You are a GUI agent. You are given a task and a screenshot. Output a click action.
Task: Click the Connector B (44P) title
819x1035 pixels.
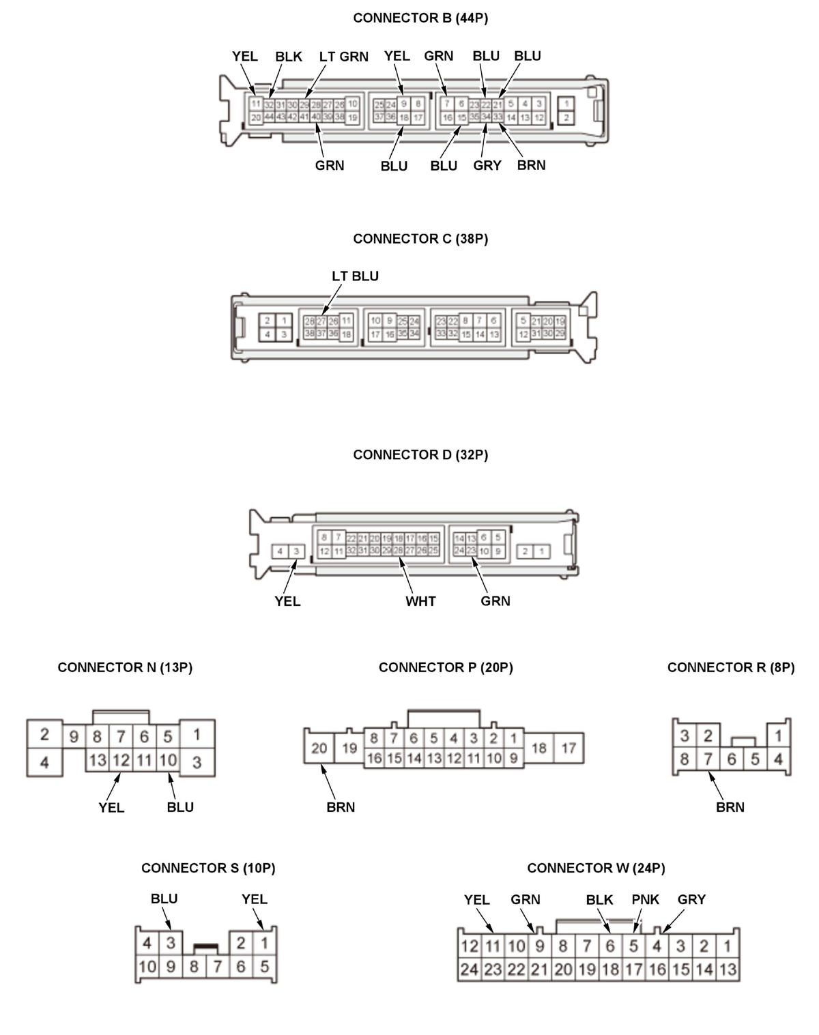coord(420,18)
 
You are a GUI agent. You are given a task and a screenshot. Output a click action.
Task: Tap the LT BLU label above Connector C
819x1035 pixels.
coord(355,276)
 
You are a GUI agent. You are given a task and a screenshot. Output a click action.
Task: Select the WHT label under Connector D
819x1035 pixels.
coord(420,601)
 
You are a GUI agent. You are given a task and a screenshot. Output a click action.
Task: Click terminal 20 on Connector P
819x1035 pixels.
coord(319,748)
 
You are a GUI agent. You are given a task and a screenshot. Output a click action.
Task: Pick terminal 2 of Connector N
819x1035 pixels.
coord(44,735)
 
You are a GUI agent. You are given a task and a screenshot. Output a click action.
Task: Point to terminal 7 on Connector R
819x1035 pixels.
coord(708,759)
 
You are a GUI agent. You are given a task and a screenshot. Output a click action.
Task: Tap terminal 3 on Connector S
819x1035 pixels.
coord(171,943)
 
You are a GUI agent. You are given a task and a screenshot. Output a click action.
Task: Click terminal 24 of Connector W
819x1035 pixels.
coord(469,970)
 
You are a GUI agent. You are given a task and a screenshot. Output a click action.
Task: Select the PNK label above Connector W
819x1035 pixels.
coord(645,900)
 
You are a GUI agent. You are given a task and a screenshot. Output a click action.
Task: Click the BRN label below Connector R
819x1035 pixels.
coord(730,807)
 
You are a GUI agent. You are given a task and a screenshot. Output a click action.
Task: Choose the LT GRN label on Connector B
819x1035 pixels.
coord(343,57)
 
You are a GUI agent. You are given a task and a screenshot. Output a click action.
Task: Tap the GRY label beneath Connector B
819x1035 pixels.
coord(487,166)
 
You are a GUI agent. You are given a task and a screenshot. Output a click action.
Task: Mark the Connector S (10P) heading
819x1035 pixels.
coord(208,868)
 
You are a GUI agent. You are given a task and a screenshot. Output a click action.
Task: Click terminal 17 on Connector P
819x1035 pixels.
coord(569,748)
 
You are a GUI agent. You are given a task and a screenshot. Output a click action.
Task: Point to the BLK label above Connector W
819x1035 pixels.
coord(599,900)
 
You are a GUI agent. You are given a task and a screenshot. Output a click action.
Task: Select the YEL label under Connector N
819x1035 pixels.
coord(111,808)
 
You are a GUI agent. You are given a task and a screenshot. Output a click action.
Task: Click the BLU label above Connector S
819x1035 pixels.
coord(164,899)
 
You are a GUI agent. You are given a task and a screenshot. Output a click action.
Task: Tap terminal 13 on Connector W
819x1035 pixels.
coord(728,970)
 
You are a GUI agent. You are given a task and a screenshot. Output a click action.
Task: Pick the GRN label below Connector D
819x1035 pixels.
coord(495,601)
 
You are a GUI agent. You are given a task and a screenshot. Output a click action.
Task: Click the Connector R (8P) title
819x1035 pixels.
coord(731,668)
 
